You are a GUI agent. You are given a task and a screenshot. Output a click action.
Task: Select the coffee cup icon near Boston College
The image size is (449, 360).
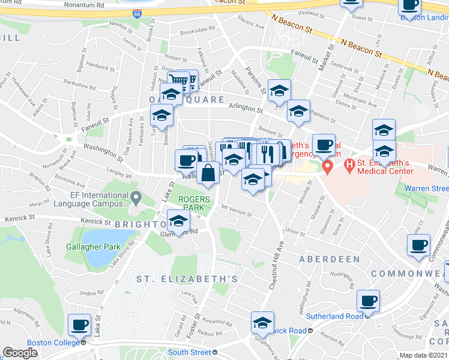click(x=79, y=325)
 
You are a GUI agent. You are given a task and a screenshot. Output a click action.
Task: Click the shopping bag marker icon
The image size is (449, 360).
click(x=208, y=173)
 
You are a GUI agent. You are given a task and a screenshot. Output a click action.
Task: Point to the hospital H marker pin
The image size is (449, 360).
click(x=327, y=166)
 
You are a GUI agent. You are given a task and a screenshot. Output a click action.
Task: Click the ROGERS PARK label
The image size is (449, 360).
click(x=194, y=203)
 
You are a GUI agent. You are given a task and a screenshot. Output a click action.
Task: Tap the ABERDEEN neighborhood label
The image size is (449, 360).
click(x=330, y=259)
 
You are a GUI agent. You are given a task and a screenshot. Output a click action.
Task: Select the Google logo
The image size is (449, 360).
click(x=20, y=353)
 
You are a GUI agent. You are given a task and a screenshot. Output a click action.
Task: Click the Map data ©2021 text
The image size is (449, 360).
click(x=423, y=355)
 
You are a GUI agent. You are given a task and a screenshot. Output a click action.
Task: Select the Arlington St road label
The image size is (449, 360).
click(x=246, y=110)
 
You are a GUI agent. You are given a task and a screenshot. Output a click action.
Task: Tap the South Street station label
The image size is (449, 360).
click(x=190, y=352)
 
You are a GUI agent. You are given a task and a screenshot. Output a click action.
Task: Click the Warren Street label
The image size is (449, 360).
click(x=426, y=188)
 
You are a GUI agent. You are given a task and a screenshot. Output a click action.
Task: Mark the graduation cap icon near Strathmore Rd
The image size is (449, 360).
click(x=262, y=323)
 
